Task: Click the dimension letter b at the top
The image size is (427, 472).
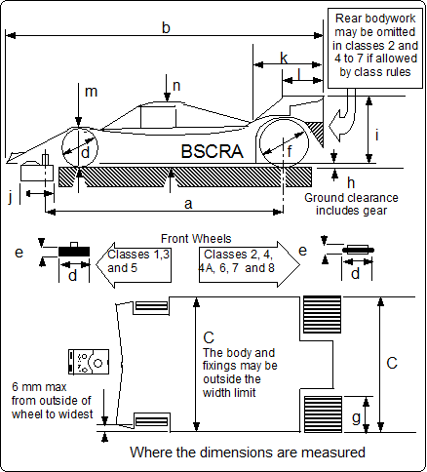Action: tap(166, 28)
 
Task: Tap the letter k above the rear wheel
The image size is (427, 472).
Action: tap(284, 58)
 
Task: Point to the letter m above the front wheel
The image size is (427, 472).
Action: tap(91, 92)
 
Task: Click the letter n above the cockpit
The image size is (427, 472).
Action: tap(175, 86)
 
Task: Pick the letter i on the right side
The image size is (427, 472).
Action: tap(376, 134)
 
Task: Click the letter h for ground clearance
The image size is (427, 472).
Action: tap(351, 181)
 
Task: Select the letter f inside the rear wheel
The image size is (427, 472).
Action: tap(288, 150)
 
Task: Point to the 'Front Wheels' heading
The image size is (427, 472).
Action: tap(196, 237)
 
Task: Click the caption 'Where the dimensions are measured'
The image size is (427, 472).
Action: tap(248, 452)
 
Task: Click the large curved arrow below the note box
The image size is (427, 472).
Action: tap(346, 120)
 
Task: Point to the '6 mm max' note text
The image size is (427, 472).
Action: tap(49, 400)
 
